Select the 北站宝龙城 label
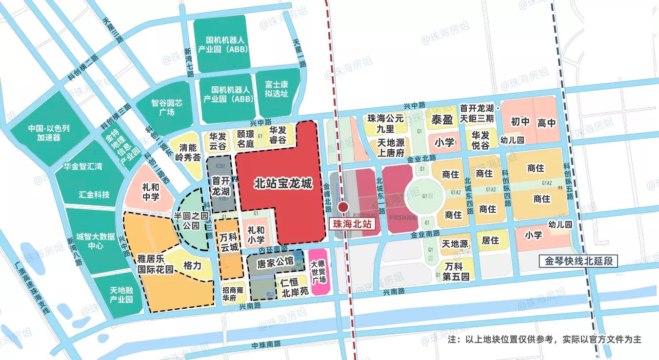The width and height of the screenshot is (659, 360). [x=283, y=184]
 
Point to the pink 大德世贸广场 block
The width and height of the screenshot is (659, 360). [x=318, y=272]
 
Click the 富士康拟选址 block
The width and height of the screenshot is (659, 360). [x=277, y=88]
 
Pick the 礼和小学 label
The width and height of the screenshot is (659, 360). [x=256, y=235]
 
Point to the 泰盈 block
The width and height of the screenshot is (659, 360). [x=441, y=120]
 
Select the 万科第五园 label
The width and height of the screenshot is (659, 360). [x=457, y=272]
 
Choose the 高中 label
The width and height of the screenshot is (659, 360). [x=546, y=123]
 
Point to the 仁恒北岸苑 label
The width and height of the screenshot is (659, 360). [x=295, y=287]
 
